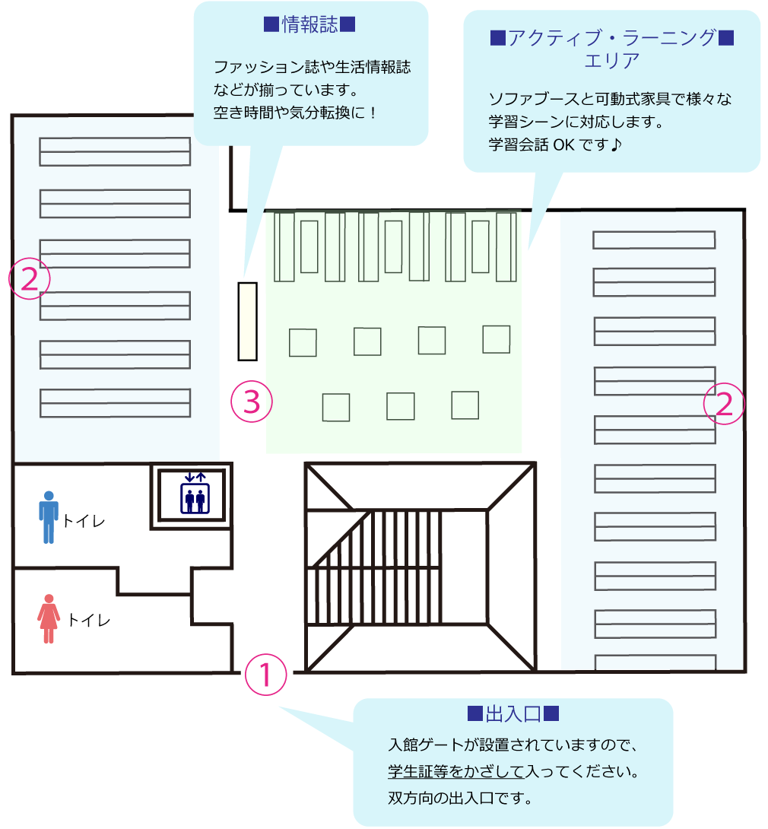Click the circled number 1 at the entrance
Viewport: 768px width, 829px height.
coord(266,675)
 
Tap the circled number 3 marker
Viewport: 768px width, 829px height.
coord(252,402)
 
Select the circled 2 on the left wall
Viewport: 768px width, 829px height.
coord(29,280)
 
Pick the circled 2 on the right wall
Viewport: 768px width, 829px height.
coord(723,403)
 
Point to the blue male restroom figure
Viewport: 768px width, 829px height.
coord(49,517)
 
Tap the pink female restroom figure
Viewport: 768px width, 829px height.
coord(49,618)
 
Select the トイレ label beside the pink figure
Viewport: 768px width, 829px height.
coord(89,620)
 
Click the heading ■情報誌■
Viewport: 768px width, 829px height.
coord(310,25)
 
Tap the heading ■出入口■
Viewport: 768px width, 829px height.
coord(513,714)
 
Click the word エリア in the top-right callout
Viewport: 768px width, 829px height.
coord(611,61)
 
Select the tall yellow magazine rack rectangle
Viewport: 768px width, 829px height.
coord(247,321)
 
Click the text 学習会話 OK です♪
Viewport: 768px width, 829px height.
coord(555,144)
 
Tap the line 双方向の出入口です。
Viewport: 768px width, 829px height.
coord(461,799)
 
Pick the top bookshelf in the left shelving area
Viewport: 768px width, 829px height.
coord(115,151)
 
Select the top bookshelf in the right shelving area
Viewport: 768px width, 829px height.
coord(654,240)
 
